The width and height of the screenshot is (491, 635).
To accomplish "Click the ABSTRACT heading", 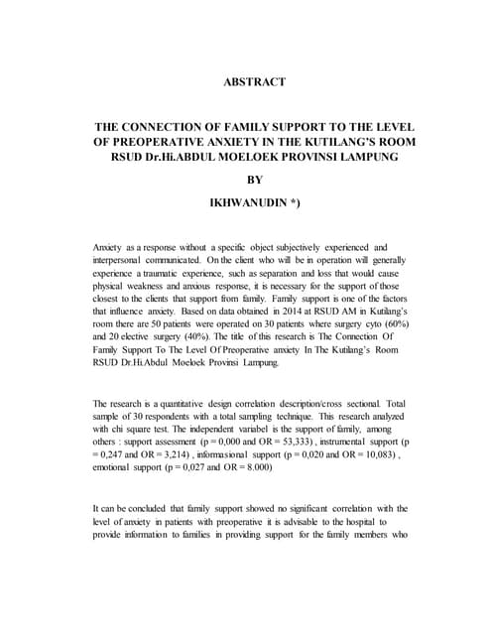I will coord(255,81).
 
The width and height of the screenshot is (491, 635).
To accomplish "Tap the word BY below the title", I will coord(255,180).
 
